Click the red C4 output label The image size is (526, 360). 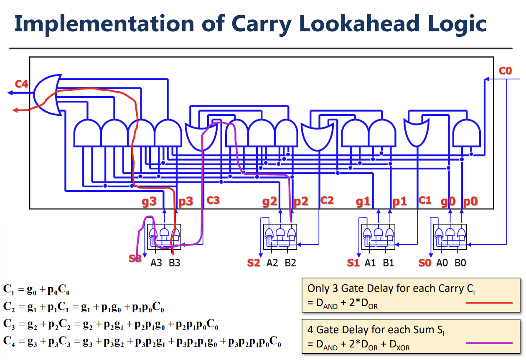coord(21,84)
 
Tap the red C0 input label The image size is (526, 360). coord(506,71)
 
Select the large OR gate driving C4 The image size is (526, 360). coord(47,95)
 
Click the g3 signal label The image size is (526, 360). coord(149,202)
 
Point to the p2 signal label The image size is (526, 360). coord(301,202)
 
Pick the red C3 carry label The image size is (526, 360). coord(213,200)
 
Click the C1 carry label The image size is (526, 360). coord(425,200)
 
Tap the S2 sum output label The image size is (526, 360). coord(254,263)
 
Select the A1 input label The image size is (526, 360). coord(370,263)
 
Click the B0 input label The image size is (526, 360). coord(460,263)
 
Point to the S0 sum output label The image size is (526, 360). coord(424,263)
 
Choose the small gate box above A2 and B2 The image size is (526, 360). coord(280,236)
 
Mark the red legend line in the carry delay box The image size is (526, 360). coord(489,302)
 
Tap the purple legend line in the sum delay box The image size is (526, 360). coord(489,343)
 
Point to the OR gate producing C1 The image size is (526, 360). coord(417,132)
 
